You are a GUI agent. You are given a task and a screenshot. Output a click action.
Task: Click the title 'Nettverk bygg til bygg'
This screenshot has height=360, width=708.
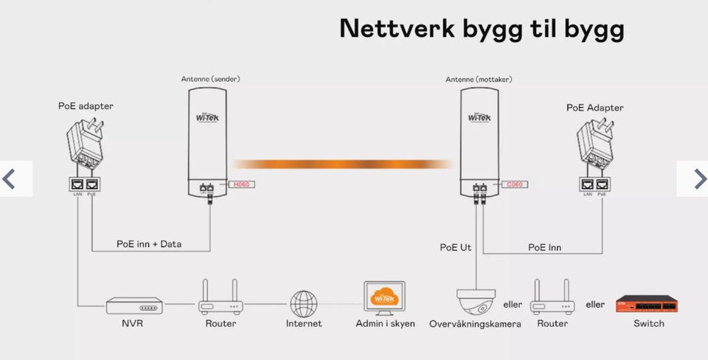[x=482, y=29]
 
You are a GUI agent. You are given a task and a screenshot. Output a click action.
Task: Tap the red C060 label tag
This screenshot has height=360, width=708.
[x=514, y=184]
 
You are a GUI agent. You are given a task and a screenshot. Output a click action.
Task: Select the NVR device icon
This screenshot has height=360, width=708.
[x=133, y=304]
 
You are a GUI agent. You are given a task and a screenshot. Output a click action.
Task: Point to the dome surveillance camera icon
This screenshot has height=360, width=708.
[x=474, y=301]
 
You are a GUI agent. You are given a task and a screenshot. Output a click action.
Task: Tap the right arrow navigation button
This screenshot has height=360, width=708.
[x=698, y=179]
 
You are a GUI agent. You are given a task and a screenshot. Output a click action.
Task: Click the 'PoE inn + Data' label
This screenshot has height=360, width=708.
[x=149, y=244]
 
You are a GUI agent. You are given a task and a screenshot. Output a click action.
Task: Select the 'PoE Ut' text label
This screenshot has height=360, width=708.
[x=455, y=248]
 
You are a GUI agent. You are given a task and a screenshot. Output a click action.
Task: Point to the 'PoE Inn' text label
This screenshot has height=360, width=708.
[x=544, y=248]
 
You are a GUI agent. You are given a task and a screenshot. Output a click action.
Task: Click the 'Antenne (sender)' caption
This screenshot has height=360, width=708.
[x=210, y=79]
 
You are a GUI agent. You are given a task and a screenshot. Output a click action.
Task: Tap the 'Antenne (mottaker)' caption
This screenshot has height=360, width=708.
[x=479, y=79]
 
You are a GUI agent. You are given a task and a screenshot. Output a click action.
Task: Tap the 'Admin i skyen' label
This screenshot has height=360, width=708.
[x=386, y=324]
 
